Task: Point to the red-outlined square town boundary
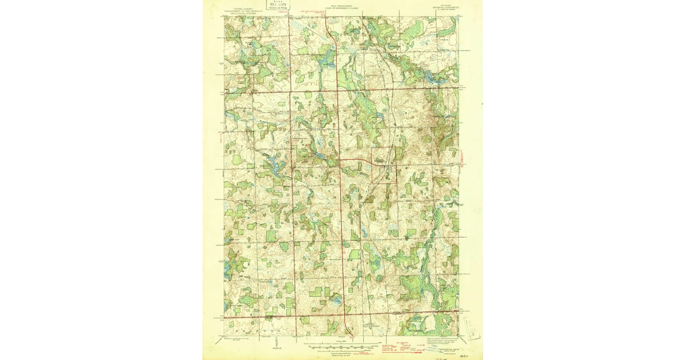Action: (384, 166)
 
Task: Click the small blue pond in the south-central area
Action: (336, 299)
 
